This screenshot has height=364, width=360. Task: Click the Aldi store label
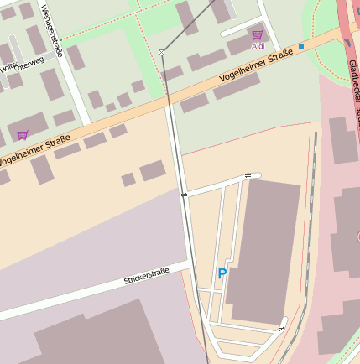258,46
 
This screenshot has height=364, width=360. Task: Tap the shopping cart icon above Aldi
257,34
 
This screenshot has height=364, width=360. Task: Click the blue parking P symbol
222,273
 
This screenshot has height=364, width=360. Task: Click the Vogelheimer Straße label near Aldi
255,66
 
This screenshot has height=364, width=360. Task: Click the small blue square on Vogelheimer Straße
300,47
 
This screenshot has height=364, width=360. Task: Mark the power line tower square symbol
161,52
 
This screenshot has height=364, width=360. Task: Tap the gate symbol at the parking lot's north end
247,175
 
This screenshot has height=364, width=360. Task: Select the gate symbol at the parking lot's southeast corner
283,327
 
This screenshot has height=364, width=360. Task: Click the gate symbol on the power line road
183,195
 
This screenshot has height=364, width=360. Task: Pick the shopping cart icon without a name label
23,134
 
